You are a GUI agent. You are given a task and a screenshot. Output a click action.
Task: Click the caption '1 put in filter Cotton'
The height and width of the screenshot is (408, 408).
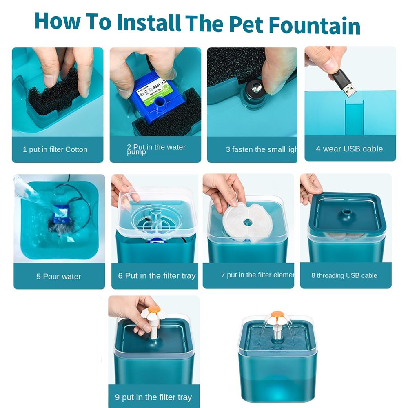pos(55,149)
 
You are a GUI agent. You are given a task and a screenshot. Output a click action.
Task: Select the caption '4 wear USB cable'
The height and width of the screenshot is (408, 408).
pos(349,149)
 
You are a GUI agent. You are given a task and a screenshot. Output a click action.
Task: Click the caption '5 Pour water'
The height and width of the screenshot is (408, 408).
pos(59,276)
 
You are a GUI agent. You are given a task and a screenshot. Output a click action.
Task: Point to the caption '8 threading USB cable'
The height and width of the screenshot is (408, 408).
pos(344,275)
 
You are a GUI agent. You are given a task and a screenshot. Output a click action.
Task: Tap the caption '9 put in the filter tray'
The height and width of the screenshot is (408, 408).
pos(153,397)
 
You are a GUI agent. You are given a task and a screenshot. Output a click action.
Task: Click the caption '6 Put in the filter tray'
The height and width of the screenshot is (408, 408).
pos(157,276)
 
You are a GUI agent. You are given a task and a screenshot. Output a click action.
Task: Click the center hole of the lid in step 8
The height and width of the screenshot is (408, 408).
pos(347,212)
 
